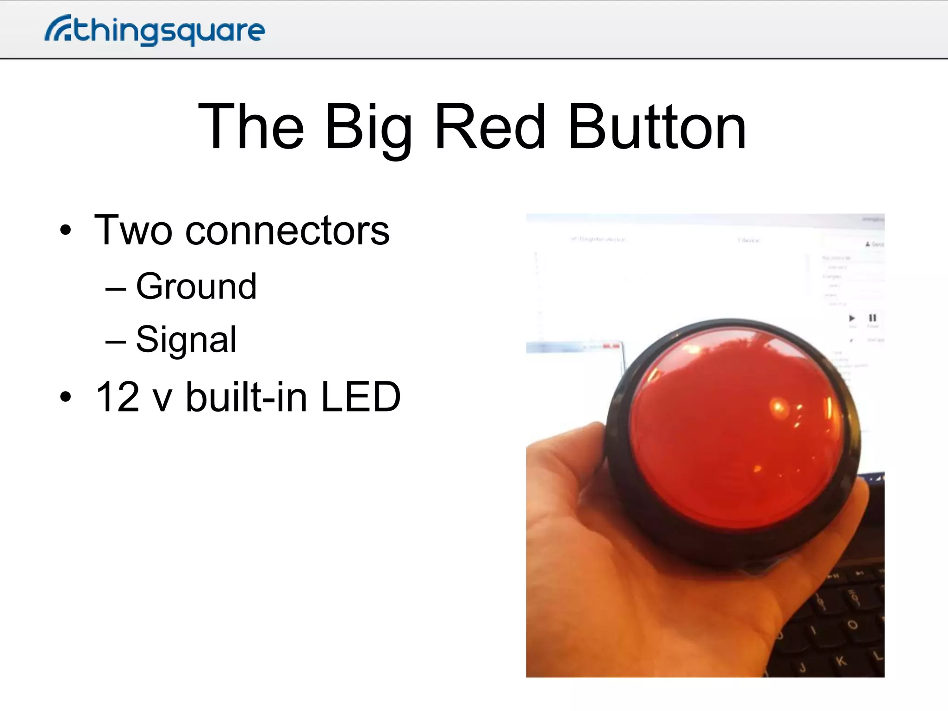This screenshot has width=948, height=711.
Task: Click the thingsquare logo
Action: pos(155,31)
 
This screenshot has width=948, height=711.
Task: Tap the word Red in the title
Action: pos(490,127)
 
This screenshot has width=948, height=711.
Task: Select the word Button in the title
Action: pos(656,127)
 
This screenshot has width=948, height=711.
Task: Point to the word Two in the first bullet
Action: pos(133,230)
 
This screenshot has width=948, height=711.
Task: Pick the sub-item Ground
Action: pos(196,287)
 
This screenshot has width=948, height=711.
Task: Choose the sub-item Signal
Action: pos(186,339)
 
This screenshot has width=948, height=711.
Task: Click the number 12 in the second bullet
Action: pos(117,397)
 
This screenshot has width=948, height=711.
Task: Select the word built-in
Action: pos(247,397)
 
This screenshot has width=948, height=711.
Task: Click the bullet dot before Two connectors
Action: pos(66,230)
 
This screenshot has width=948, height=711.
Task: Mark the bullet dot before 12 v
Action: pos(66,397)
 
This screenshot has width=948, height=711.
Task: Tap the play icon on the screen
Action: pos(852,318)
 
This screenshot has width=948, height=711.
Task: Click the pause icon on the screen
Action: pos(873,318)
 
